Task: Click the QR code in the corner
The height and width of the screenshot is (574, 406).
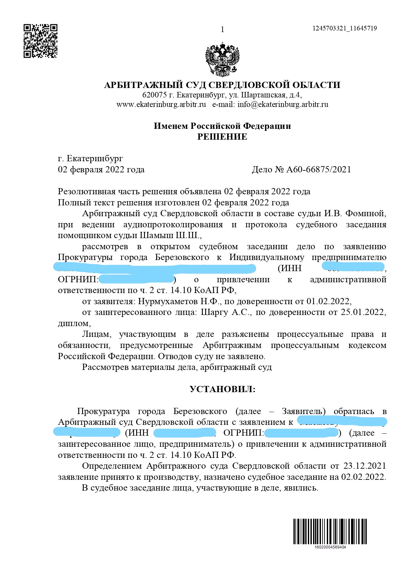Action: tap(41, 41)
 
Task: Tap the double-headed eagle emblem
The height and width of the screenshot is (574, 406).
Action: tap(222, 59)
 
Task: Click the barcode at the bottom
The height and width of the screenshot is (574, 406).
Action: tap(330, 531)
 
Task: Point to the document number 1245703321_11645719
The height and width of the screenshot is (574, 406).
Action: tap(344, 28)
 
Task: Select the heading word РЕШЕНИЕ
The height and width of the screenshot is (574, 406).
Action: tap(222, 137)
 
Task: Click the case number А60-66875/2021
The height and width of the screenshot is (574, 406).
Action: tap(319, 169)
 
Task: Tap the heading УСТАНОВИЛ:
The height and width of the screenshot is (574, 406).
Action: tap(222, 389)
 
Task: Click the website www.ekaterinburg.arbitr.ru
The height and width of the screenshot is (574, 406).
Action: tap(161, 105)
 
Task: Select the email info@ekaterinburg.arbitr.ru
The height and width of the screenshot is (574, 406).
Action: tap(283, 105)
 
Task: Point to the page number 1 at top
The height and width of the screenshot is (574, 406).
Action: tap(222, 30)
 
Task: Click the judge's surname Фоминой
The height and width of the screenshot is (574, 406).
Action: tap(364, 214)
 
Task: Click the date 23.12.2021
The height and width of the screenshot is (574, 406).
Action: tap(364, 466)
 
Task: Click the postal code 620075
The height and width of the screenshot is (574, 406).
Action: tap(154, 95)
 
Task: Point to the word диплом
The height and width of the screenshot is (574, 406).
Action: tap(73, 323)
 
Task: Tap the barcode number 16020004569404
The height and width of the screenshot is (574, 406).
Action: tap(330, 547)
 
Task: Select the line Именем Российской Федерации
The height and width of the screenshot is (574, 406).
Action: tap(222, 126)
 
